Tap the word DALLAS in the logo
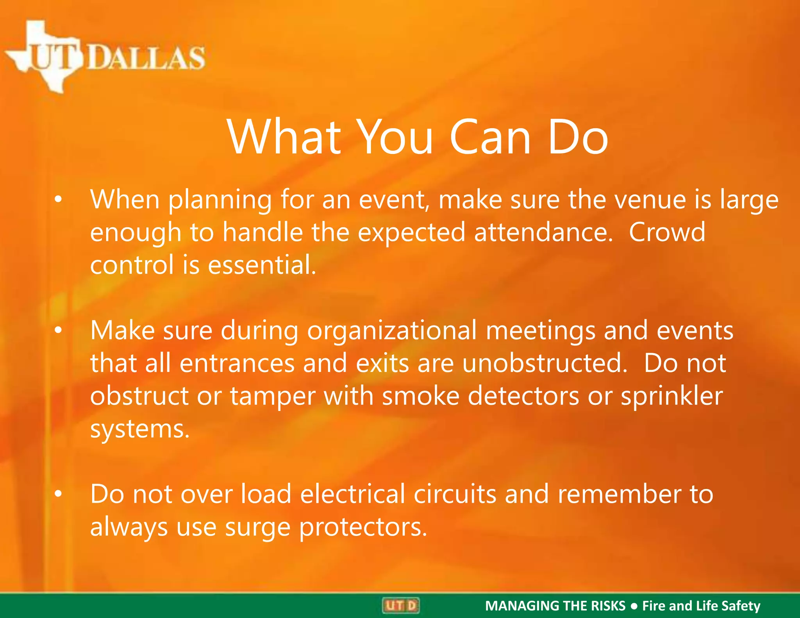(x=146, y=58)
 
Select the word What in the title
(x=284, y=138)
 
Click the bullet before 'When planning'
(x=58, y=200)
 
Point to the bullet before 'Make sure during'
(x=58, y=330)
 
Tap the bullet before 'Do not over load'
(x=58, y=494)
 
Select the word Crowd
(x=667, y=232)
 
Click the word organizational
(x=392, y=330)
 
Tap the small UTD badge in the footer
(x=400, y=605)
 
